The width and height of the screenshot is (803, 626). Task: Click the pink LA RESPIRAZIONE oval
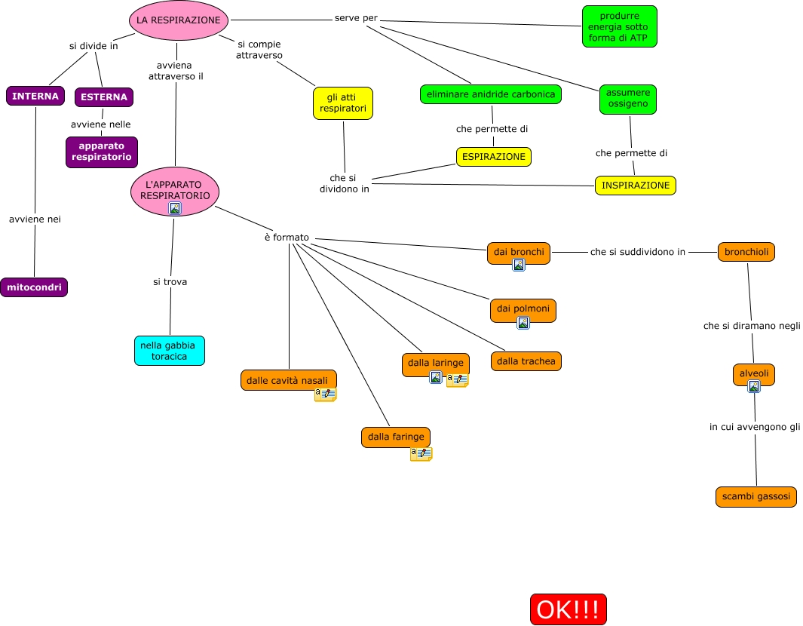coord(179,20)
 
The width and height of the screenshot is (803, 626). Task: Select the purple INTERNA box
coord(35,97)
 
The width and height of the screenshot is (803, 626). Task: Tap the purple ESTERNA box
coord(104,97)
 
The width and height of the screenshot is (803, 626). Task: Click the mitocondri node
coord(34,287)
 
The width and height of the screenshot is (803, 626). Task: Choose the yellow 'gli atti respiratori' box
coord(343,103)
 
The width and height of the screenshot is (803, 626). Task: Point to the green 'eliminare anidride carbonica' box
coord(491,94)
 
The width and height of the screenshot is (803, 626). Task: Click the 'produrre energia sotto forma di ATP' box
coord(619,26)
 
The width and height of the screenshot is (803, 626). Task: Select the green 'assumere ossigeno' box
coord(627,99)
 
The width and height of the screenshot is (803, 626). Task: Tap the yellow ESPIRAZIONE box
coord(493,156)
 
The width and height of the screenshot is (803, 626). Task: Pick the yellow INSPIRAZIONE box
coord(635,185)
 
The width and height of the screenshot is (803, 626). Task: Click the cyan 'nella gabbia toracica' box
coord(170,351)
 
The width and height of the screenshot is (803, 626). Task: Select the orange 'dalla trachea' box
coord(526,361)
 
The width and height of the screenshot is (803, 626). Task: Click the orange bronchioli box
coord(746,252)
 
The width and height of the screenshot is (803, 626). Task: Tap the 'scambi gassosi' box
coord(755,497)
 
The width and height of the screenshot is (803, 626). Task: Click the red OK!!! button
coord(568,609)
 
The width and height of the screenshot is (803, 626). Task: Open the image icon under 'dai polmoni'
coord(523,323)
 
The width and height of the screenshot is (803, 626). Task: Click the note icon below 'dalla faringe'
coord(421,454)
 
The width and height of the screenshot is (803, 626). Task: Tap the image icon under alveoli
coord(753,386)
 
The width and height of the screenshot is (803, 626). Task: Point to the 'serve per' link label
coord(356,18)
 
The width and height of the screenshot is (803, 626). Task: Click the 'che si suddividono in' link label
coord(637,252)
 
